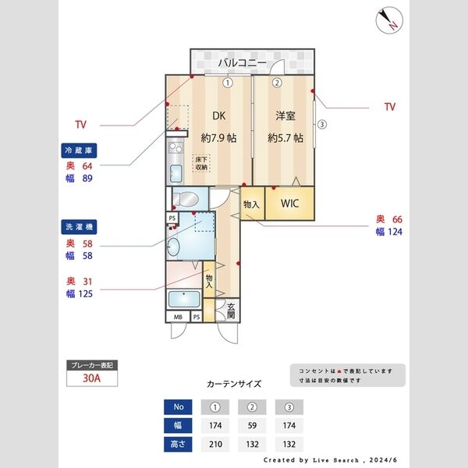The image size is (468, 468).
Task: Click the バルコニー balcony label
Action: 242,62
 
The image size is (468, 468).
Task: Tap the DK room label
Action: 219,116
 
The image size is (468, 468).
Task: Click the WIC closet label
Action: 290,204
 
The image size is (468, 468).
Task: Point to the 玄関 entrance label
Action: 232,311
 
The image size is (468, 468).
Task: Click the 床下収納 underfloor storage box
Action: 201,164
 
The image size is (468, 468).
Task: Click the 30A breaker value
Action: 92,380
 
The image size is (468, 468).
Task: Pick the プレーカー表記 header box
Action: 92,365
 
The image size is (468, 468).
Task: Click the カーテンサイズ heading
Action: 234,385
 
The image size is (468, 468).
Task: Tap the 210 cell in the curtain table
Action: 214,445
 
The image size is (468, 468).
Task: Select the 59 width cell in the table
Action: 252,426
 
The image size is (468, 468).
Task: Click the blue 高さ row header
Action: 177,445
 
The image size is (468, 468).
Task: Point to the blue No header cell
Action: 177,407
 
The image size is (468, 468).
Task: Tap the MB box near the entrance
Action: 179,317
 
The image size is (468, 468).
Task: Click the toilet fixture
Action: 184,198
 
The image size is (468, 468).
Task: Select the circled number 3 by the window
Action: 321,123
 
